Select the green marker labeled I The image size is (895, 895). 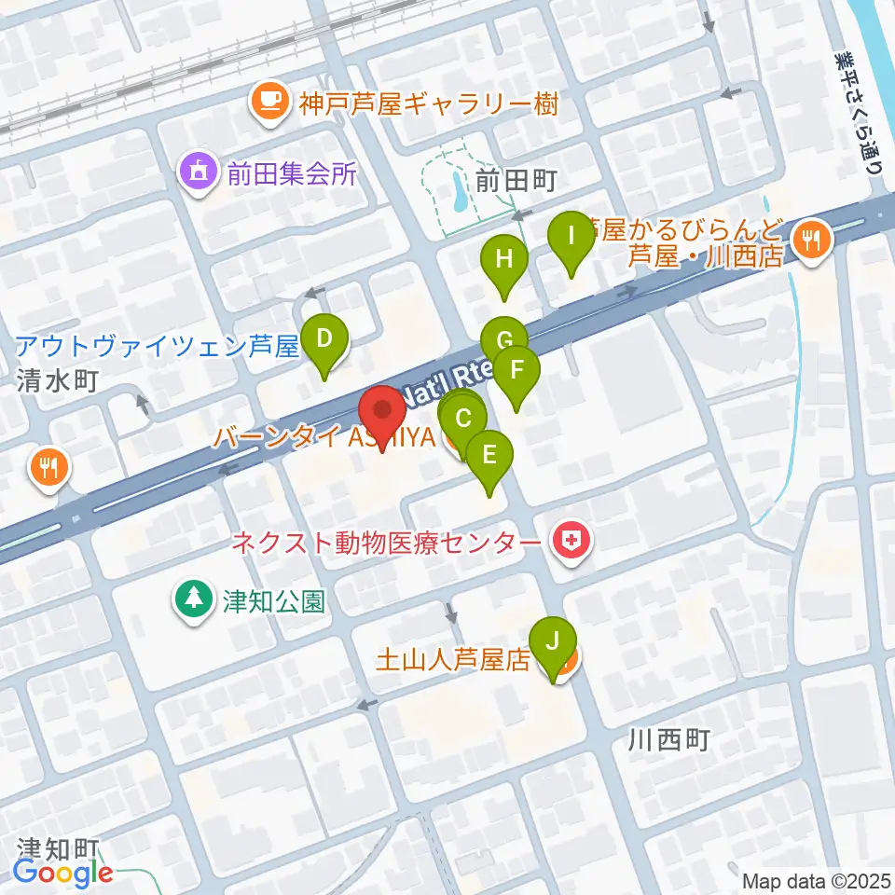(571, 240)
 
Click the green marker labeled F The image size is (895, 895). (516, 371)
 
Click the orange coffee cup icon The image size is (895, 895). (269, 101)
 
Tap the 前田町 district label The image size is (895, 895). (516, 183)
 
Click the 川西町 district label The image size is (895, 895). (669, 741)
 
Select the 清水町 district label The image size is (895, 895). (56, 383)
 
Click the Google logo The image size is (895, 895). (63, 874)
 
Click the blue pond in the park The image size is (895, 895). (460, 189)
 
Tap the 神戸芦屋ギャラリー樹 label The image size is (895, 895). (427, 103)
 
